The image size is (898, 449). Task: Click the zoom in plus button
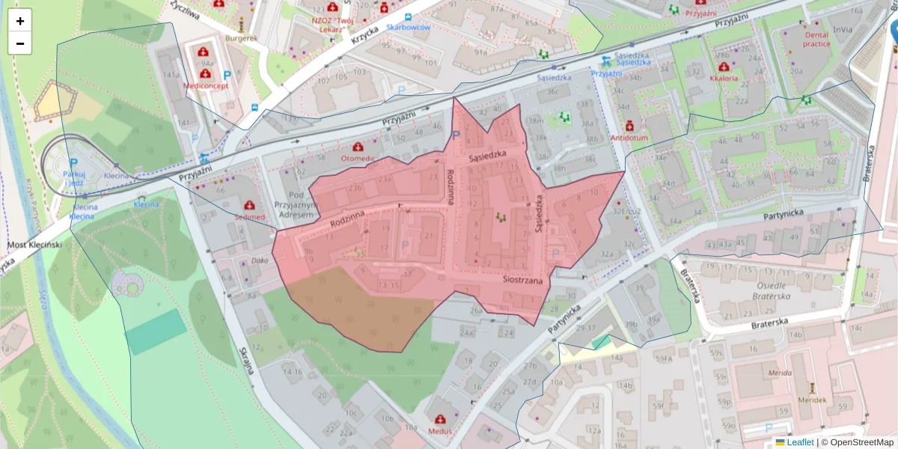[20, 21]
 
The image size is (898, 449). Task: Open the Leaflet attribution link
[799, 442]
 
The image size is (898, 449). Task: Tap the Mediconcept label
[206, 85]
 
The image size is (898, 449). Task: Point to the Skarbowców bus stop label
[409, 28]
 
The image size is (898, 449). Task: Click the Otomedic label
[358, 159]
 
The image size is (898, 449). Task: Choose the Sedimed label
[249, 216]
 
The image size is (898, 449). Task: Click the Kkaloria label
[724, 78]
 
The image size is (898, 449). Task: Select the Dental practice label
[816, 39]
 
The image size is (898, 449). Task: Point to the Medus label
[440, 431]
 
